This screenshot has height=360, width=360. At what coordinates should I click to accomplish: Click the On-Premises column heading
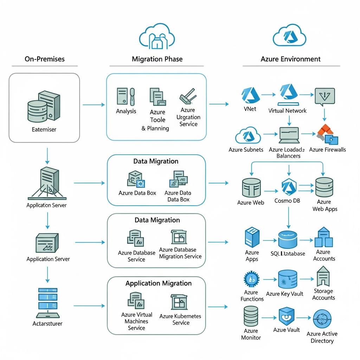click(x=45, y=59)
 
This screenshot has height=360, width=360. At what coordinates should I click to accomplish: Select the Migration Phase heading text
click(x=157, y=59)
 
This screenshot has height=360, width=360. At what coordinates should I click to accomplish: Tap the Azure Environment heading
click(x=291, y=59)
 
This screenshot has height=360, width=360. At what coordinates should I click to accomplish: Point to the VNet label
click(x=250, y=109)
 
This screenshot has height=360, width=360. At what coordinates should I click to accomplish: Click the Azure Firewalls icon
click(x=327, y=135)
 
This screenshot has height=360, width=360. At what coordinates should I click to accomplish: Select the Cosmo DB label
click(x=288, y=201)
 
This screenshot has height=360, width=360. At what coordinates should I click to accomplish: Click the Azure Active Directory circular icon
click(x=322, y=319)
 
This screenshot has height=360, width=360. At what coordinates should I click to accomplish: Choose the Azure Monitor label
click(x=251, y=334)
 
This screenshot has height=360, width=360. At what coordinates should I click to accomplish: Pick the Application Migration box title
click(x=159, y=283)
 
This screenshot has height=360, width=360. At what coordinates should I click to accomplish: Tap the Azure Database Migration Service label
click(x=180, y=253)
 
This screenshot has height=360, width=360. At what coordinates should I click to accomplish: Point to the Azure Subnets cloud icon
click(x=248, y=136)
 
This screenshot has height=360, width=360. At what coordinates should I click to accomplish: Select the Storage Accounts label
click(x=323, y=294)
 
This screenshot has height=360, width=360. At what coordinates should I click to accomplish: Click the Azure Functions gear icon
click(x=251, y=279)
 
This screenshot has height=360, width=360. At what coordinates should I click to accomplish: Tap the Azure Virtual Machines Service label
click(x=136, y=321)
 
